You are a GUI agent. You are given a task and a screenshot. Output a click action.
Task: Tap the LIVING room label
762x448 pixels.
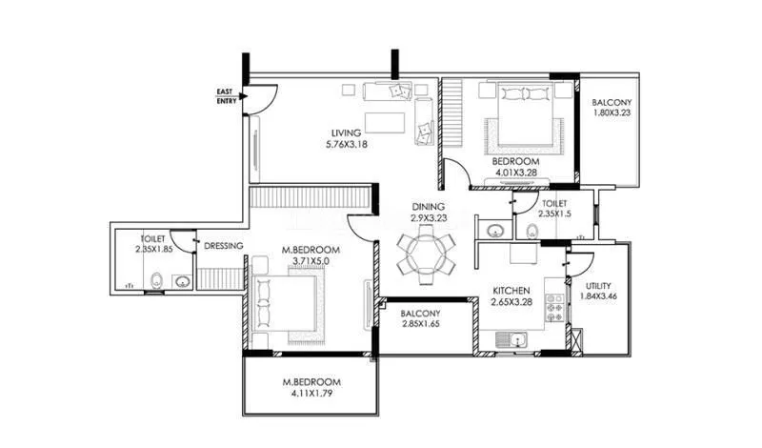pyautogui.click(x=347, y=132)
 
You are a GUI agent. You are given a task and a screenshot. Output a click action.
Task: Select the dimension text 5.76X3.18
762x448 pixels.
pyautogui.click(x=347, y=145)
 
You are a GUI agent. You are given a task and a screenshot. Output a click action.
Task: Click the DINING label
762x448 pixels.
pyautogui.click(x=426, y=206)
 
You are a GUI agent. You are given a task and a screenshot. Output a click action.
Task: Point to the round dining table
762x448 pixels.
pyautogui.click(x=425, y=255)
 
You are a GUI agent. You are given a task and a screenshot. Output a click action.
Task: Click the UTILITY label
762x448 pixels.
pyautogui.click(x=599, y=286)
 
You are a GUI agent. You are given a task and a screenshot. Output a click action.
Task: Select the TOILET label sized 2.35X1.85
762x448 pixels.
pyautogui.click(x=153, y=240)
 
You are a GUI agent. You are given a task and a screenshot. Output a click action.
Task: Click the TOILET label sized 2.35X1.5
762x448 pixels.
pyautogui.click(x=554, y=203)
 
